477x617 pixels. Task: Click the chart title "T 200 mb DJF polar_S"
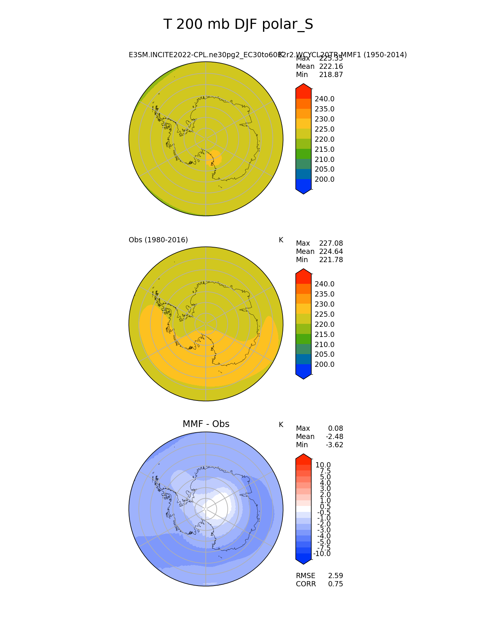(x=238, y=25)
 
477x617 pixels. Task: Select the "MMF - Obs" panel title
(x=206, y=424)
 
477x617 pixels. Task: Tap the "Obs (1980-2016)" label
(x=158, y=240)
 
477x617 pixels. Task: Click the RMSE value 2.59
(x=336, y=576)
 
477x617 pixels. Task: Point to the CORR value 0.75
(x=336, y=584)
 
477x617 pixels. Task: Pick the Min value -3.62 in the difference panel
(x=334, y=445)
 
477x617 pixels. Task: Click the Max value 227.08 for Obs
(x=331, y=243)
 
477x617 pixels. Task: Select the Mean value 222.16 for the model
(x=331, y=67)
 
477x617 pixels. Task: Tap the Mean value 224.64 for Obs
(x=331, y=252)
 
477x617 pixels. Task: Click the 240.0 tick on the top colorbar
(x=324, y=99)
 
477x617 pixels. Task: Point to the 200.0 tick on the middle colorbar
(x=324, y=365)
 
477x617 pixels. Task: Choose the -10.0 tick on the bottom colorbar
(x=322, y=554)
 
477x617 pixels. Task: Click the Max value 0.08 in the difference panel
(x=336, y=429)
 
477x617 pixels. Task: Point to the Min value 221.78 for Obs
(x=331, y=260)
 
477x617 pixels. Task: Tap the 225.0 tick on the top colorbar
(x=324, y=129)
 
